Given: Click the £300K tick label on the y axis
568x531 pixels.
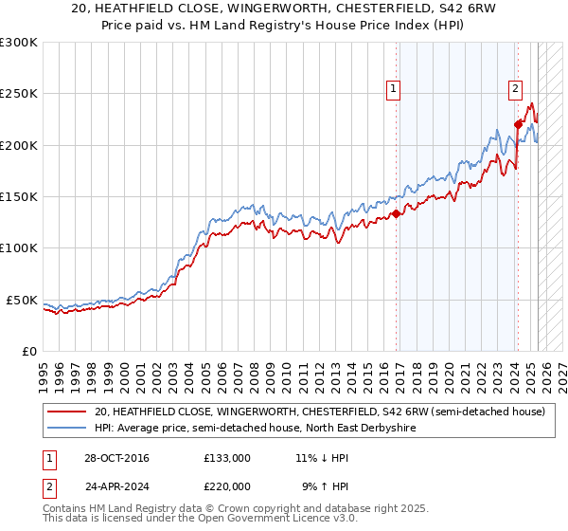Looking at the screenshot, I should tap(18, 43).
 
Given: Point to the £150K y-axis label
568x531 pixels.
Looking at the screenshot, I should tap(18, 197).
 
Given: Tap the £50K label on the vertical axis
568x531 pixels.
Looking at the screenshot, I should tap(22, 300).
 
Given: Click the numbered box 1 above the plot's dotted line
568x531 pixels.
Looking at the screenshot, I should tap(392, 90).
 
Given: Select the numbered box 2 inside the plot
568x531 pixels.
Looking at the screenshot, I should tap(515, 90).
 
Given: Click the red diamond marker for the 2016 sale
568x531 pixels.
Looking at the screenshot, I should tap(396, 214).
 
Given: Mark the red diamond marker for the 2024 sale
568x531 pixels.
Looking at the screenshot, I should tap(518, 124).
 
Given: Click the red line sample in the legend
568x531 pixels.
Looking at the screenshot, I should tap(66, 412).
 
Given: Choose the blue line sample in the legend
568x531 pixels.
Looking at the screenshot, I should tap(66, 428).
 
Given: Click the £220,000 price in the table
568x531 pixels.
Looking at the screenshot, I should tap(227, 485).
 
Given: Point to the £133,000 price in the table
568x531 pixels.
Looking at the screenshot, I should tap(227, 458).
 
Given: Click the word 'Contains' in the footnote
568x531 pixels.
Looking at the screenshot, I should tap(65, 508).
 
